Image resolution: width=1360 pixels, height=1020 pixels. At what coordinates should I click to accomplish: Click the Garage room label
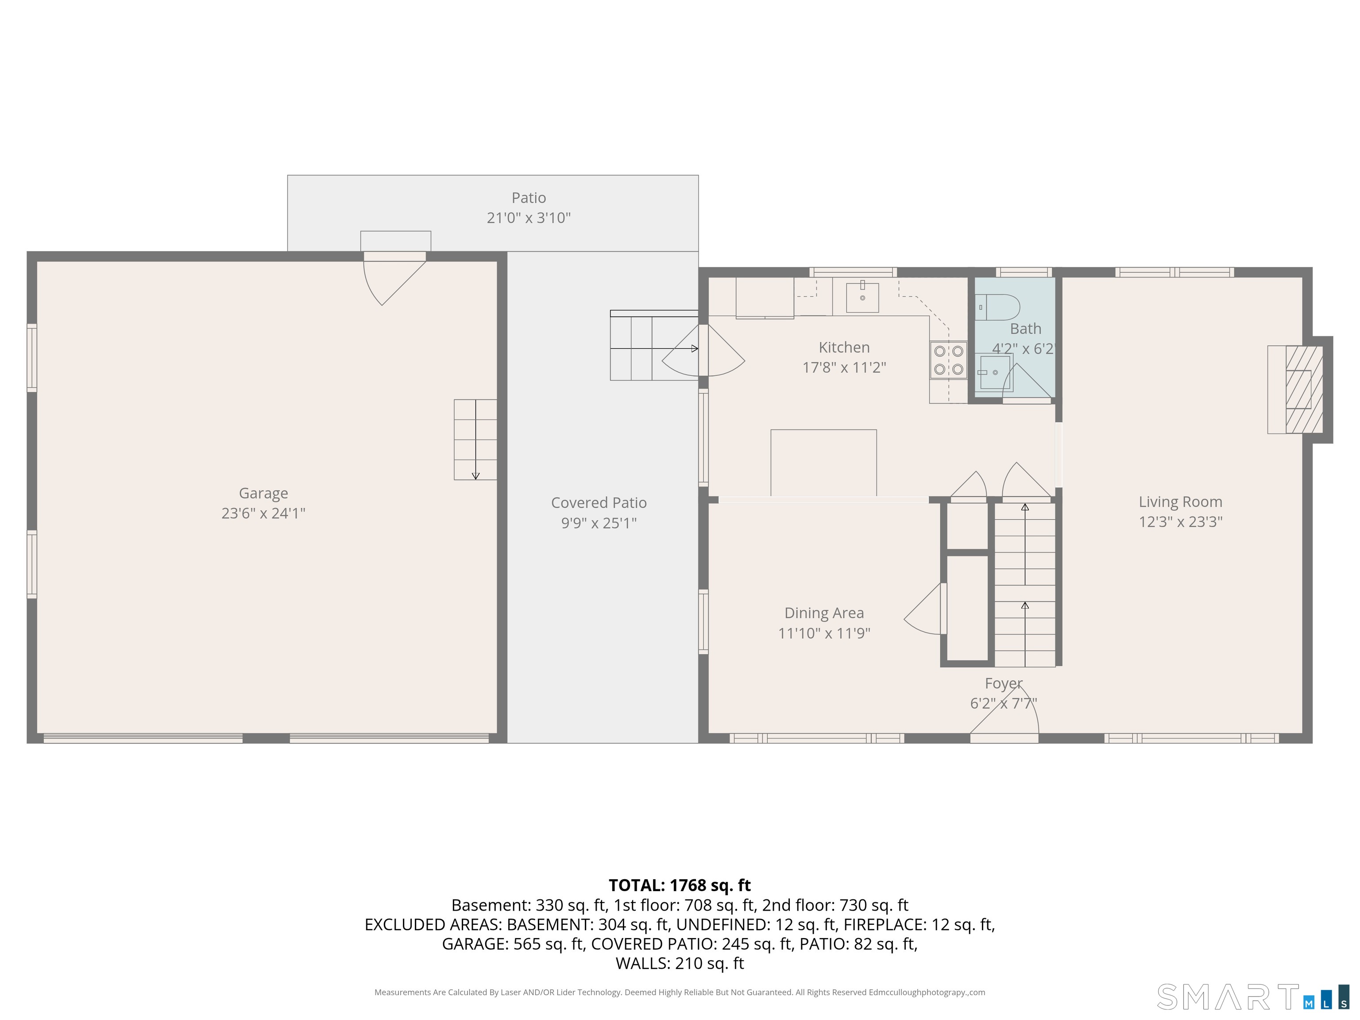[263, 493]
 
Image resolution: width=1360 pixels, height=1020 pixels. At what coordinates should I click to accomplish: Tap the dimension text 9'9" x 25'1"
[598, 522]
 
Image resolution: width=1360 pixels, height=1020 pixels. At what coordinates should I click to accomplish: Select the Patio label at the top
[529, 198]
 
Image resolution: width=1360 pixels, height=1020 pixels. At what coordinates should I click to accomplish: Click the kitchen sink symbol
[862, 297]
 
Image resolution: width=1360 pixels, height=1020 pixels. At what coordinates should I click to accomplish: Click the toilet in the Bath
[998, 307]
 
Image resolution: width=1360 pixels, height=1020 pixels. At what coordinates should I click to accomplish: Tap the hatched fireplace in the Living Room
[1303, 389]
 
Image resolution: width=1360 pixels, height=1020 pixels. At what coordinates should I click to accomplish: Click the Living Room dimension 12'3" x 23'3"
[1180, 522]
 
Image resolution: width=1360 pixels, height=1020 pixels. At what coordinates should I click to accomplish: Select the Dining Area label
[824, 613]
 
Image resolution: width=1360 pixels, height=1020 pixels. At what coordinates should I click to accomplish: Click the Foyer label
[1004, 683]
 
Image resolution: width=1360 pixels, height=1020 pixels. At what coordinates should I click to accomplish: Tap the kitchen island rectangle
[823, 462]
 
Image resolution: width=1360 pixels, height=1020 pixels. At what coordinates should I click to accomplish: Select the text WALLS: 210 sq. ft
[680, 963]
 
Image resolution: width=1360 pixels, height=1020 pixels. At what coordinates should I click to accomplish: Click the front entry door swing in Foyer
[1008, 716]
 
